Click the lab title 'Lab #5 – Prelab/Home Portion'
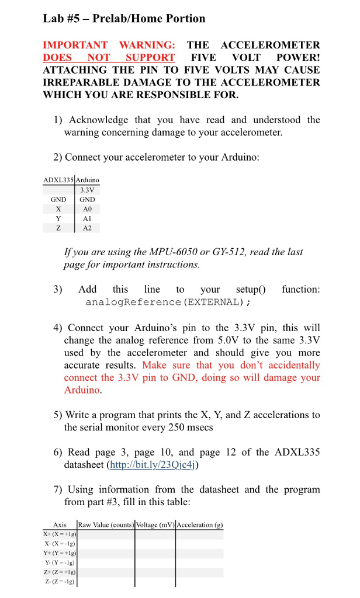[124, 19]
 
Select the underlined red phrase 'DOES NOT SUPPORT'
[109, 57]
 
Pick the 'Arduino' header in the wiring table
[88, 180]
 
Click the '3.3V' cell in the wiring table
[87, 190]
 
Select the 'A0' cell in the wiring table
[87, 208]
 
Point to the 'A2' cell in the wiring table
[87, 228]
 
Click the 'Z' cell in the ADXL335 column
[58, 228]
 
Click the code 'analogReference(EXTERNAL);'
[168, 302]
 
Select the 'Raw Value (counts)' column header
[106, 524]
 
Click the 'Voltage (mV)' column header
[155, 524]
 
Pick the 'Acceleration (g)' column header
[199, 524]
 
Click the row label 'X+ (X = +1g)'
[60, 534]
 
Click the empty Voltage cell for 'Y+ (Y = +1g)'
[155, 553]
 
